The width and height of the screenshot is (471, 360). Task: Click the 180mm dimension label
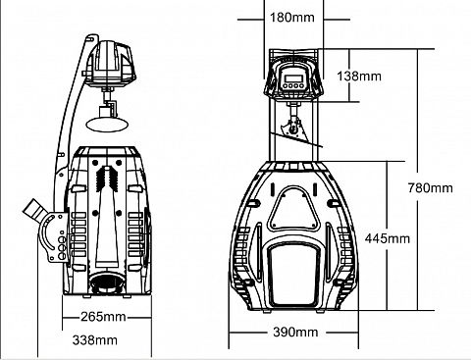[x=292, y=17]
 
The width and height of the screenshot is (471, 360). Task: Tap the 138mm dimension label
[x=359, y=77]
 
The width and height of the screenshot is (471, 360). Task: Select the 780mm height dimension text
[x=431, y=188]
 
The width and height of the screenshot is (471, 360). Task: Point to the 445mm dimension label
[x=388, y=238]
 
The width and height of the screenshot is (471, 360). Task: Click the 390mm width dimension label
[x=295, y=333]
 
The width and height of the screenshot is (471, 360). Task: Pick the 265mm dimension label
[x=103, y=317]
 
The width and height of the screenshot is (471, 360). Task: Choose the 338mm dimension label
[x=95, y=340]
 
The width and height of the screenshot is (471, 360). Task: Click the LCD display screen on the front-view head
[x=293, y=78]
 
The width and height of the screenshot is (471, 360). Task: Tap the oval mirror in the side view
[x=107, y=125]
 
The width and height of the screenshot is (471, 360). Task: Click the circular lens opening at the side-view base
[x=106, y=283]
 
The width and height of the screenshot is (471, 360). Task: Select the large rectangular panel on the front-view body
[x=293, y=275]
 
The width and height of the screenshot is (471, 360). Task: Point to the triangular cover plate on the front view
[x=293, y=209]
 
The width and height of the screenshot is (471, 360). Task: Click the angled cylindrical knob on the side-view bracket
[x=34, y=210]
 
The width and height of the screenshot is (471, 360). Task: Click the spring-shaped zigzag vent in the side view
[x=107, y=179]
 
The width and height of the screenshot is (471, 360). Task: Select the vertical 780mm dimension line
[x=418, y=180]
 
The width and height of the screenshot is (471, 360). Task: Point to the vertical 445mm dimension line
[x=388, y=235]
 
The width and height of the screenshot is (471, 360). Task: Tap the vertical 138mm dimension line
[x=349, y=76]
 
